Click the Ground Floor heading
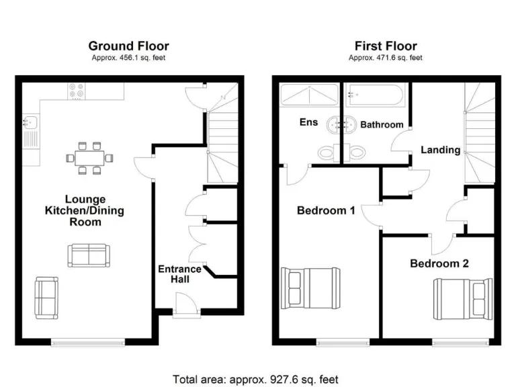click(x=128, y=46)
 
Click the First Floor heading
click(x=386, y=46)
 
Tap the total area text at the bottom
click(x=255, y=379)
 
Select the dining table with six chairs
click(x=88, y=158)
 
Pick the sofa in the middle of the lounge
click(x=87, y=255)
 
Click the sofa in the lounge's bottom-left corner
click(x=46, y=296)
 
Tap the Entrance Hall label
click(x=179, y=273)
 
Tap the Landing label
click(x=440, y=150)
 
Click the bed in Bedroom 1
click(x=311, y=287)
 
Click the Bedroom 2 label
click(x=439, y=263)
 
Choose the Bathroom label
click(x=382, y=124)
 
